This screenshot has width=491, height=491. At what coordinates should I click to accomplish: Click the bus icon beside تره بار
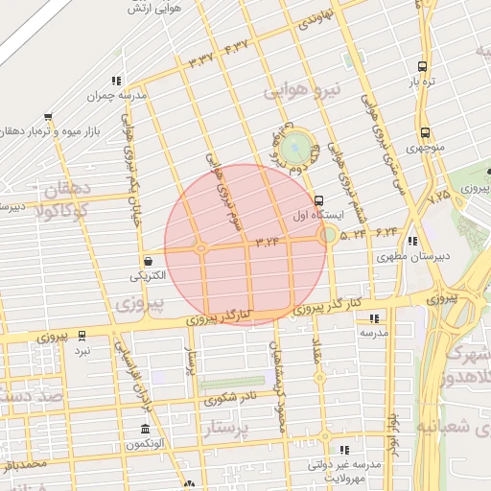423,67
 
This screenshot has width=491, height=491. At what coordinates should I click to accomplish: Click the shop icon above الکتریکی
148,260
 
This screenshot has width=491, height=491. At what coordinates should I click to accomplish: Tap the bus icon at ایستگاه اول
319,200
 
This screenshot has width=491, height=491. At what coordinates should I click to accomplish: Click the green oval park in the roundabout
296,148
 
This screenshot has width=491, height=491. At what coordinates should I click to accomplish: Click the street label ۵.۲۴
352,233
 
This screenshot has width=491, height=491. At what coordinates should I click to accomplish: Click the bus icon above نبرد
82,336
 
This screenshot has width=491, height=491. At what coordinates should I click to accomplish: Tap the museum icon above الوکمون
145,429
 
